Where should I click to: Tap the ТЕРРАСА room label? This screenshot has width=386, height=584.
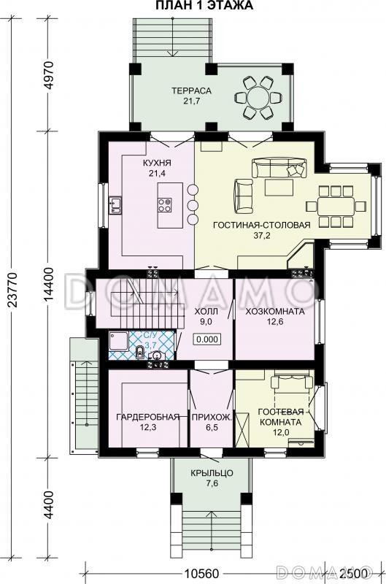coord(191,91)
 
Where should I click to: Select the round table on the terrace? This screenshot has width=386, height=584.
coord(258,98)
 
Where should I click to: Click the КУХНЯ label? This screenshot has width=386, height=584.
coord(157,163)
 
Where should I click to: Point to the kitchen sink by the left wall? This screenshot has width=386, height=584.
coord(115,206)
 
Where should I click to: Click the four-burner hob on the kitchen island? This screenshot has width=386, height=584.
coord(165,204)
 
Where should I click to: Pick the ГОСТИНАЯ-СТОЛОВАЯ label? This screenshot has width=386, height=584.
coord(261,225)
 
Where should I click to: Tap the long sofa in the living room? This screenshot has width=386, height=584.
coord(279,168)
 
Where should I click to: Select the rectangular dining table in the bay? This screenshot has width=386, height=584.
coord(336,207)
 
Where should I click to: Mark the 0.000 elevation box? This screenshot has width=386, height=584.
coord(207,339)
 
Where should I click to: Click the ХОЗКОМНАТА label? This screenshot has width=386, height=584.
coord(274,312)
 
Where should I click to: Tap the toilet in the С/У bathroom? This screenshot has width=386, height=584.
coord(140,352)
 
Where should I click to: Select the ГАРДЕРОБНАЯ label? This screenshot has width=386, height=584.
coord(148,417)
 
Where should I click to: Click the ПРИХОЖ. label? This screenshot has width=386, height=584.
coord(212,417)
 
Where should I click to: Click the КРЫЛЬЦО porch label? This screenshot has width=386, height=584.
coord(212,473)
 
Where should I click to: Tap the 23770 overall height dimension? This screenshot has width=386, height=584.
coord(12,290)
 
